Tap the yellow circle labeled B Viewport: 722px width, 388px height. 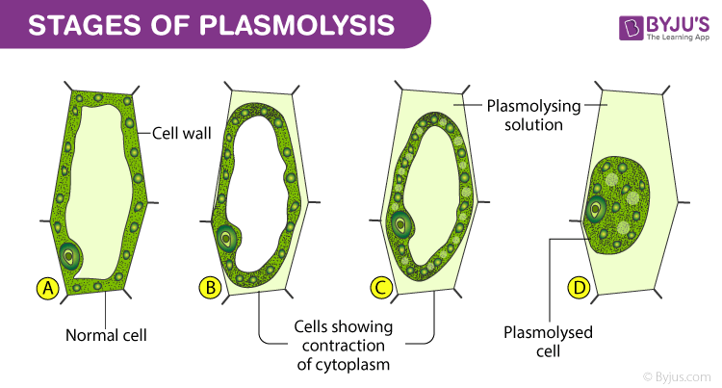[210, 286]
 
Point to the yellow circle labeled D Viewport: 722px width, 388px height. [580, 286]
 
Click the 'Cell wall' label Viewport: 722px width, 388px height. [178, 134]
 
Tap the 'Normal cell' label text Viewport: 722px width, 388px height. [106, 335]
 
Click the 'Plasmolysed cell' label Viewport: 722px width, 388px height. [549, 342]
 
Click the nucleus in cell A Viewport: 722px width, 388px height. [70, 255]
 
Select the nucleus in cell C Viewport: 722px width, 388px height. [400, 223]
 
